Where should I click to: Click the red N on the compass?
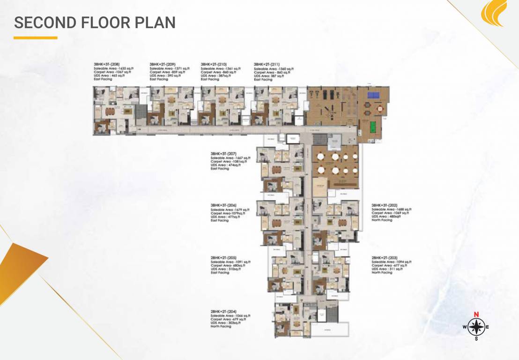476,315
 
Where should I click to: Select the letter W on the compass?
465,327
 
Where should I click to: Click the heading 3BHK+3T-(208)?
106,64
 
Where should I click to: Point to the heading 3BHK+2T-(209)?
163,64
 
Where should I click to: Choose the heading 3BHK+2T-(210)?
214,64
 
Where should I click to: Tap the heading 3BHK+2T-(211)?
267,64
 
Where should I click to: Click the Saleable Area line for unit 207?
230,158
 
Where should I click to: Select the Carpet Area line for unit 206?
228,213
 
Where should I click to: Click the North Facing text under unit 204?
221,326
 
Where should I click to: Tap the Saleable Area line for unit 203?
392,261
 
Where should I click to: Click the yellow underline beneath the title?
35,37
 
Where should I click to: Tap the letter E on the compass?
488,327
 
